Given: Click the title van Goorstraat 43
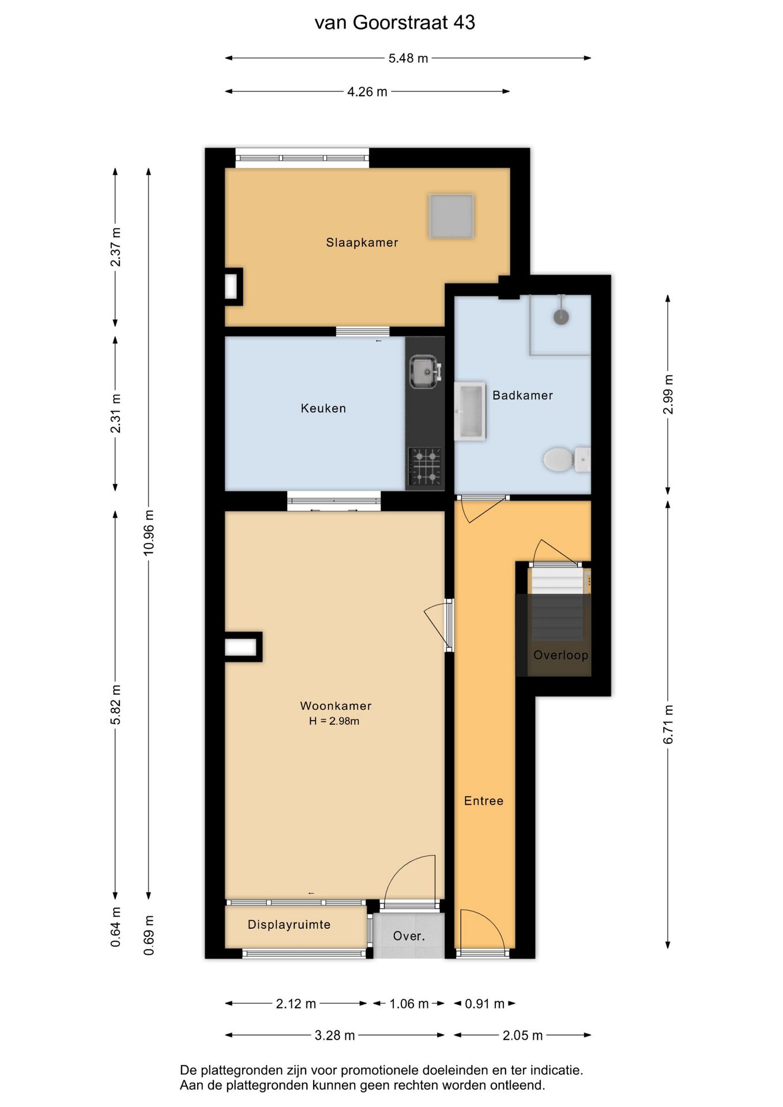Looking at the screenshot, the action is coord(395,22).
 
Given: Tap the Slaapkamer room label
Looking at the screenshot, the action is coord(362,243).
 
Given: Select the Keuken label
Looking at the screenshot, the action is coord(323,408).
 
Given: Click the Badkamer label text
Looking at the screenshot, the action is coord(522,396).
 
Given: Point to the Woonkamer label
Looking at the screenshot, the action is coord(336,706).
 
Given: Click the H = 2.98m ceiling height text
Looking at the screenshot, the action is coord(334,721).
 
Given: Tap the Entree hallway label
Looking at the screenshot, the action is coord(484,801).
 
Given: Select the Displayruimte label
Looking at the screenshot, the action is coord(289,925).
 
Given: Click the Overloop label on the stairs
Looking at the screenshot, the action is coord(560,655).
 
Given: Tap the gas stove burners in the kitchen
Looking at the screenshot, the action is coord(425,466).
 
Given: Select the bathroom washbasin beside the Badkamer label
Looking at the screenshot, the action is coord(470,411).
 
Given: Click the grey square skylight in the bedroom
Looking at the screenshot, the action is coord(451,216).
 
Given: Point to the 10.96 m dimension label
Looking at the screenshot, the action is coord(149,532).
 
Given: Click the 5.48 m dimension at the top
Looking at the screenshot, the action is coord(408,58).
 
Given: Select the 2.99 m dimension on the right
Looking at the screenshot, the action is coord(668,394).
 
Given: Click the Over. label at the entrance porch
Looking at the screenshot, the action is coord(409,936).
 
